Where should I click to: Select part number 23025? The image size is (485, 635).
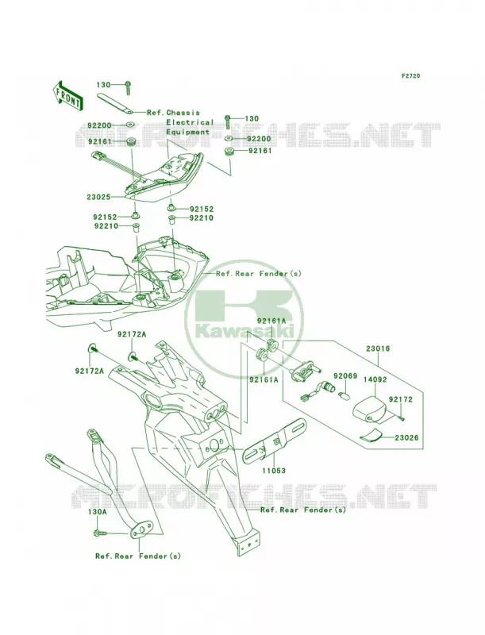[98, 197]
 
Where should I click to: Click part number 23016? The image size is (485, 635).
[378, 348]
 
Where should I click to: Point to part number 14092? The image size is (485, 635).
[375, 380]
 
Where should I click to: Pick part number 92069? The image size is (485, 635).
[345, 376]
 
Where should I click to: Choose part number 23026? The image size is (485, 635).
[406, 438]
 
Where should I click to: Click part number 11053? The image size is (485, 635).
[273, 471]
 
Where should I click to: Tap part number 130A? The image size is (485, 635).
[98, 512]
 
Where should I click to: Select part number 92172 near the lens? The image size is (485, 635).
[401, 400]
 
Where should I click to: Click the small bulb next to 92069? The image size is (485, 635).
[341, 393]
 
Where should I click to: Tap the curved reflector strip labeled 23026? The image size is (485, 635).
[371, 434]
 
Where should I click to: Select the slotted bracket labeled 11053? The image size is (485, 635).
[275, 441]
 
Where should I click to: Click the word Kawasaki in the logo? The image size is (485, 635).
[244, 333]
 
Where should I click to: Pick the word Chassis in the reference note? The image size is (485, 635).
[183, 113]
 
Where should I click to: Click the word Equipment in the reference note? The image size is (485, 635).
[188, 132]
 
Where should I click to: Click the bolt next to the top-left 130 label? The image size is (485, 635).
[128, 87]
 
